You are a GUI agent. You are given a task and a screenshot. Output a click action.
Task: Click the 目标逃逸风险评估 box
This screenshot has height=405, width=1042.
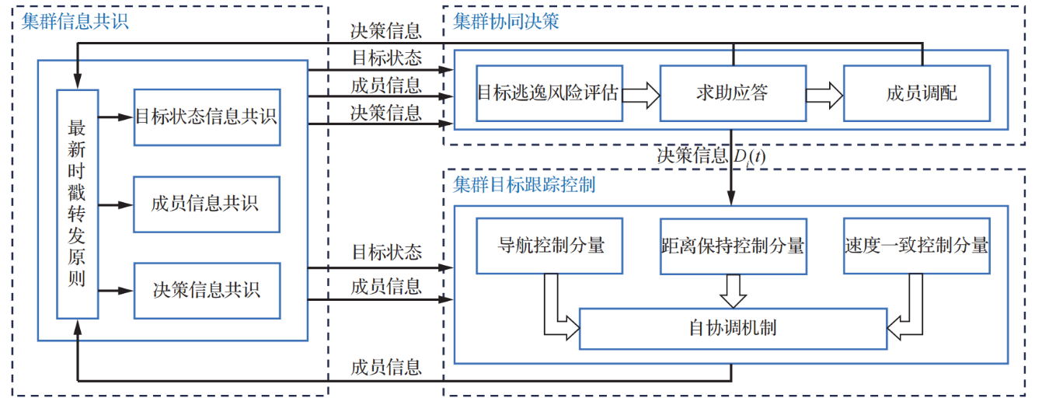coord(549,93)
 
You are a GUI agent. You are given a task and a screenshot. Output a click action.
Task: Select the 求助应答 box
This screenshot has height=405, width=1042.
coord(733,93)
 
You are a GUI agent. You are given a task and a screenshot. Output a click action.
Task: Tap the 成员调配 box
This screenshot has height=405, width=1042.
coord(917,93)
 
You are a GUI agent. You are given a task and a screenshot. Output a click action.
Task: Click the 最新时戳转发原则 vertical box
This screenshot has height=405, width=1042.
coord(77,204)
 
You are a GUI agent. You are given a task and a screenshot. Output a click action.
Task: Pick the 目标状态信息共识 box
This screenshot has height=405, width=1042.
coord(207,117)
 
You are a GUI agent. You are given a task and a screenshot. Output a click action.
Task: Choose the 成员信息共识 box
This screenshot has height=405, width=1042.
coord(207,204)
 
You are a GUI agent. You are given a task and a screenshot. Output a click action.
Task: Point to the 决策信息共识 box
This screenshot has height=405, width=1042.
coord(207,291)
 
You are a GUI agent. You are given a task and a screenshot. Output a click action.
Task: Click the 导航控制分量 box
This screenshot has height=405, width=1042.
coord(549,246)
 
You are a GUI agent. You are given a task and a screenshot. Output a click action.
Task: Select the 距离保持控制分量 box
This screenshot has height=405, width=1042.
coord(733,246)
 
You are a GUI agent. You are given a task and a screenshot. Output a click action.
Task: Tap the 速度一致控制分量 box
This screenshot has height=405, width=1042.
coord(917,246)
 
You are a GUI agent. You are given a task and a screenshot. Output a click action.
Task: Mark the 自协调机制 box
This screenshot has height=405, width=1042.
coord(733,328)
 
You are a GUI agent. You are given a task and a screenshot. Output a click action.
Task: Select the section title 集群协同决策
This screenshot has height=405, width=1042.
coord(506,22)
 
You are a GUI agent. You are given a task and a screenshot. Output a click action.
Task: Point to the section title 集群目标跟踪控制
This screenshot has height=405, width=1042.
coord(524,186)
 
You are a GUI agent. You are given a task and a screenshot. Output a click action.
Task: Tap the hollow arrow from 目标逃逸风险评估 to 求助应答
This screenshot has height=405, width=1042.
coord(641,94)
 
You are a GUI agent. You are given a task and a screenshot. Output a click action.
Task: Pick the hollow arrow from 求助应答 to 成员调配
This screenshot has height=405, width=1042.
coord(824,94)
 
